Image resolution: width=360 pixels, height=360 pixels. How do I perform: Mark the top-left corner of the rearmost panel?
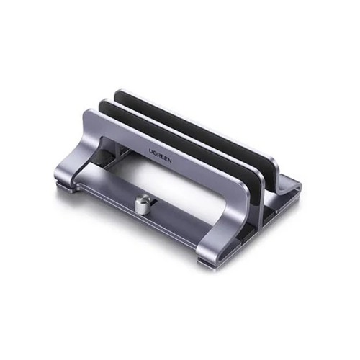click(x=120, y=91)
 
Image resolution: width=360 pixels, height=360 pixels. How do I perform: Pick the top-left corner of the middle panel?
click(x=103, y=102)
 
